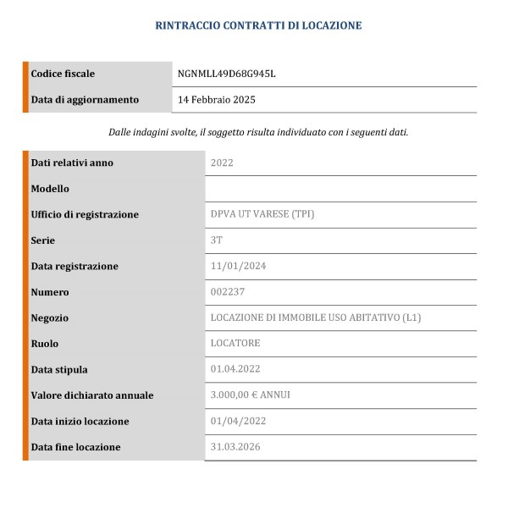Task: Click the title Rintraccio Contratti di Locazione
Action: [258, 25]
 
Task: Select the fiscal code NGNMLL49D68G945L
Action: [227, 74]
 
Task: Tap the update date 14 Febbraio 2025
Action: [217, 100]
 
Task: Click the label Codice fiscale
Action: [63, 74]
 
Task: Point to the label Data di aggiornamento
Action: [85, 100]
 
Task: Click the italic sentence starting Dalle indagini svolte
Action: [258, 132]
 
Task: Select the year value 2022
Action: [222, 163]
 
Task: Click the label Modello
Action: [50, 189]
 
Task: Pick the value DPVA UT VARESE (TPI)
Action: [262, 214]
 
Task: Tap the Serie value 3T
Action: [216, 240]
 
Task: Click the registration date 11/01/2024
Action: [238, 266]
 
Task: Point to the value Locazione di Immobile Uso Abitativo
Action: [315, 317]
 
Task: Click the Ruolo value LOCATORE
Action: [235, 344]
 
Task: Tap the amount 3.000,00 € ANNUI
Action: [250, 395]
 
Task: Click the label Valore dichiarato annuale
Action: [92, 395]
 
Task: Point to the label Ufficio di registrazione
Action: [85, 214]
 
